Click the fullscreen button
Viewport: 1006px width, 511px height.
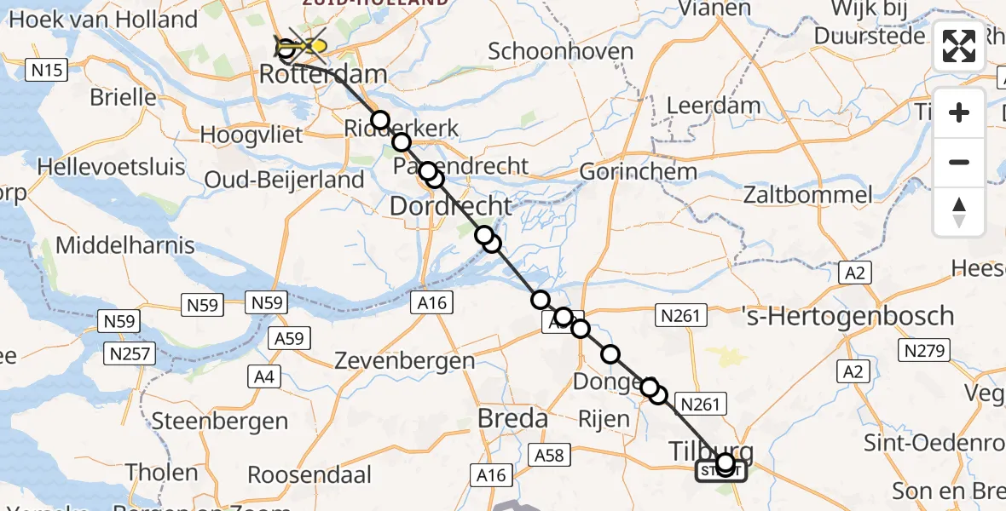click(959, 46)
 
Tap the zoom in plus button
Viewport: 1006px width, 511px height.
click(959, 112)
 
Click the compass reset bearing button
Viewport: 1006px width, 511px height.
click(959, 212)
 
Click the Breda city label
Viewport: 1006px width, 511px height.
click(512, 419)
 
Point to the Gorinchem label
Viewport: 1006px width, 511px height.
click(638, 171)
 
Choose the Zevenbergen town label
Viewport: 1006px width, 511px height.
click(415, 360)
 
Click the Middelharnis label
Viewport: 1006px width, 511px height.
click(124, 246)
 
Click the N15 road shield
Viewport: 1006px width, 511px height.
click(46, 70)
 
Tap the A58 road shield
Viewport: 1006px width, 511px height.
click(550, 455)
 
